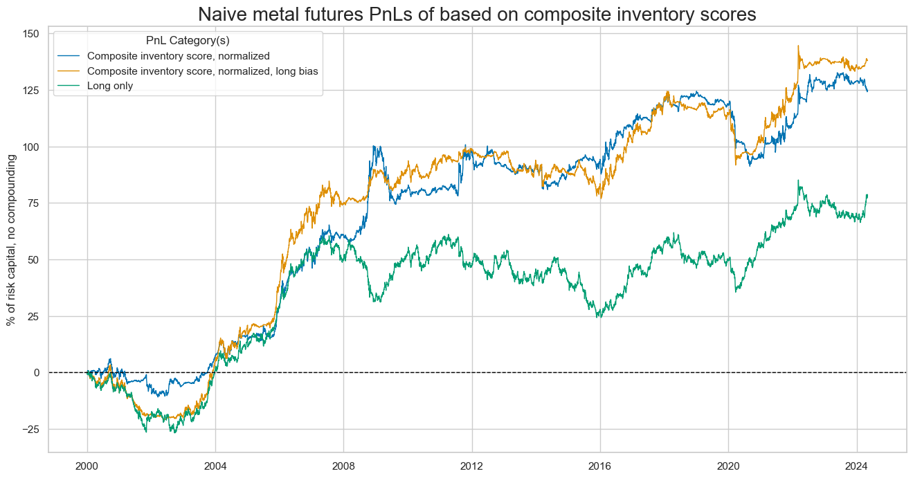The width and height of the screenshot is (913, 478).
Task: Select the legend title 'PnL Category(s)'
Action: pos(188,41)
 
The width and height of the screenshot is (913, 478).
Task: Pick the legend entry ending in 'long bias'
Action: pos(207,71)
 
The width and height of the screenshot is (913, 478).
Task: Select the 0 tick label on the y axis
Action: pos(36,373)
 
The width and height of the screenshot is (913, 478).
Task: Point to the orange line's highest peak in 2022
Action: pos(798,46)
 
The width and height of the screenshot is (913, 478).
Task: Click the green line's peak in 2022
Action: pos(798,181)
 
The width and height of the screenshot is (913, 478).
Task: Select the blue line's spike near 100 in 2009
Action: pos(374,146)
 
